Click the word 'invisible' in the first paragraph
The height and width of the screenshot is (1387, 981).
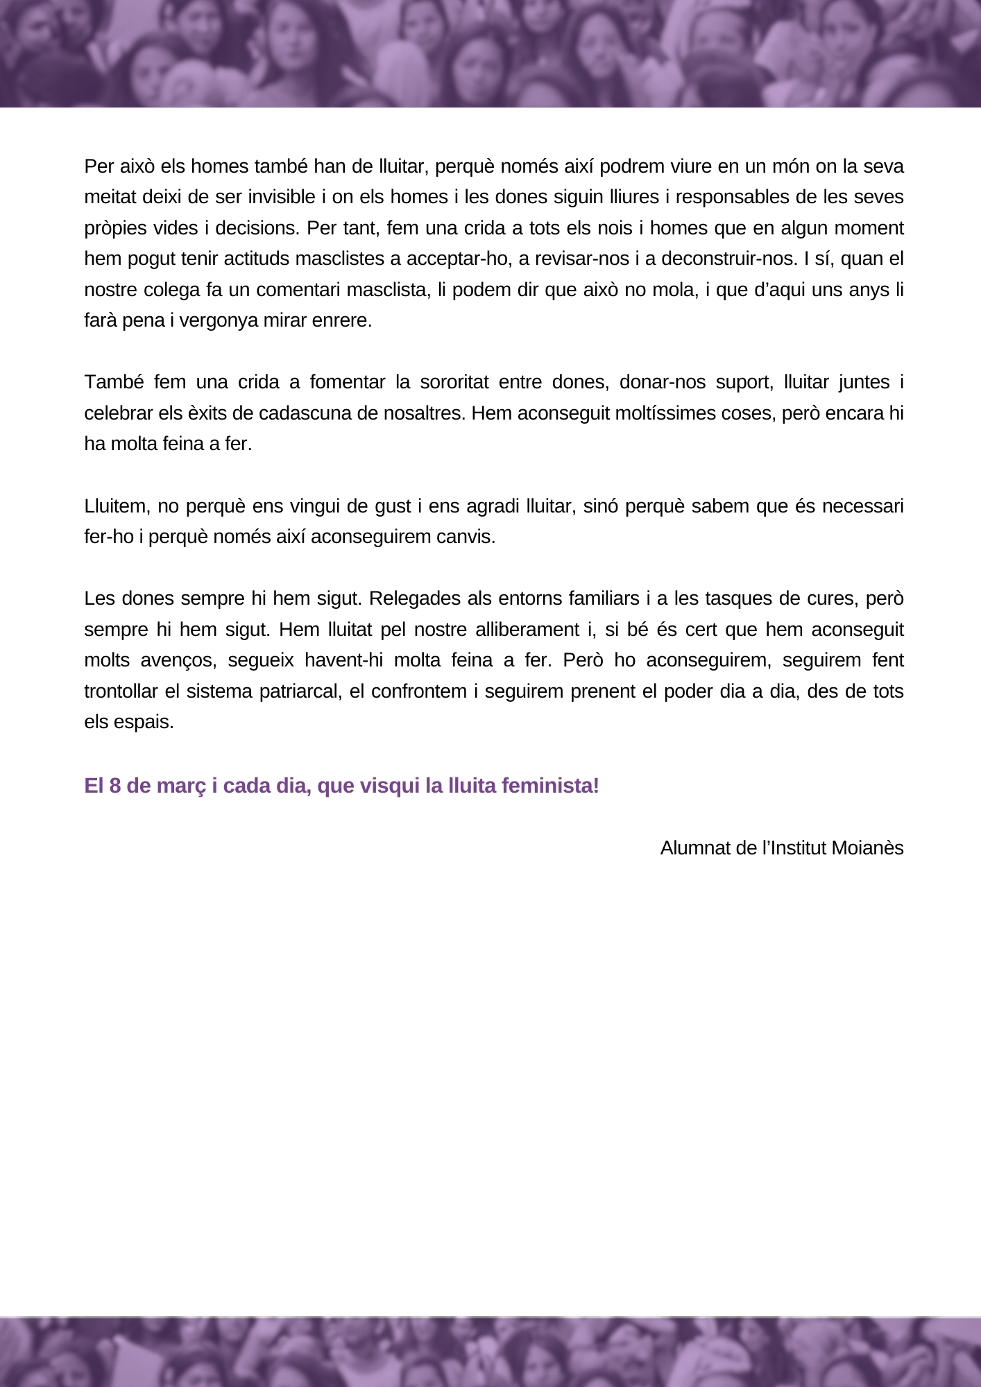(281, 197)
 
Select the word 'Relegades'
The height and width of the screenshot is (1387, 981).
(409, 598)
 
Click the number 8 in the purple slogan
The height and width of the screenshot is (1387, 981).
(115, 786)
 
